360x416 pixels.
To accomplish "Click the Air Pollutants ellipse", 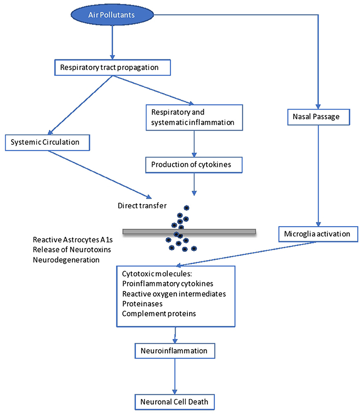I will coord(112,15).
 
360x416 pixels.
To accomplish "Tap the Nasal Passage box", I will coord(319,116).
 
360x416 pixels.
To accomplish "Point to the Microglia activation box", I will coord(318,234).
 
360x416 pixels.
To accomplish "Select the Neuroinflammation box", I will coord(174,350).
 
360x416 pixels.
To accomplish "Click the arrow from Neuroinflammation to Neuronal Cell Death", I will coord(176,376).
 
